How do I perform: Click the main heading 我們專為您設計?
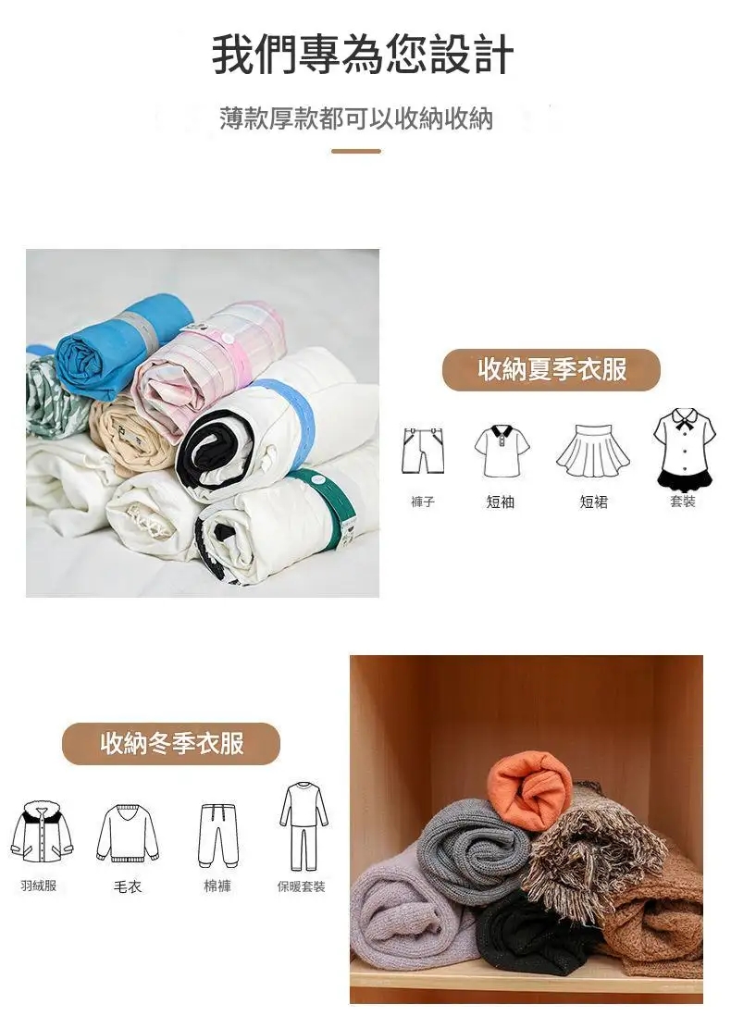click(x=363, y=55)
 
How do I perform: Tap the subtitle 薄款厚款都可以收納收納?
click(x=356, y=118)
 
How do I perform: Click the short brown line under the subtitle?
click(x=355, y=151)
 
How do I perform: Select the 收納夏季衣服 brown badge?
click(x=551, y=369)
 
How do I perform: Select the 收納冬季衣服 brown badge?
click(x=171, y=743)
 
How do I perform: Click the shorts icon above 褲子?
click(x=423, y=451)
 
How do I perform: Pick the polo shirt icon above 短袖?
click(x=502, y=451)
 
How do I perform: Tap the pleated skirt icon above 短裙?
click(x=593, y=451)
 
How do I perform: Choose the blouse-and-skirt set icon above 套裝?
click(x=685, y=448)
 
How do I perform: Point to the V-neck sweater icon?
click(x=128, y=834)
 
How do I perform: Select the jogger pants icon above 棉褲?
click(x=218, y=836)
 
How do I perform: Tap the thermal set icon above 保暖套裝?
click(x=304, y=827)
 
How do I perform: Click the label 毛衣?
click(x=128, y=886)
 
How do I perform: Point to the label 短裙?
click(x=594, y=502)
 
